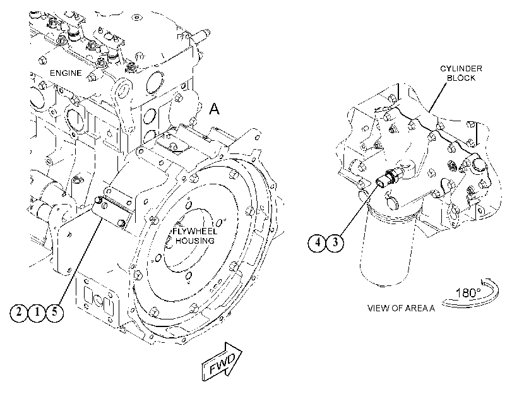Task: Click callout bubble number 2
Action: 18,313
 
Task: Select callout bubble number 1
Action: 37,313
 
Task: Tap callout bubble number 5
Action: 54,313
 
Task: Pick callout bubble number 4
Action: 317,242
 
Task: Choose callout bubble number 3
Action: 335,242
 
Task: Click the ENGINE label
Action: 66,73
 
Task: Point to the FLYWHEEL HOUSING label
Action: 194,236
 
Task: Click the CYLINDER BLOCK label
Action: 461,73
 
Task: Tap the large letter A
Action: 214,109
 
